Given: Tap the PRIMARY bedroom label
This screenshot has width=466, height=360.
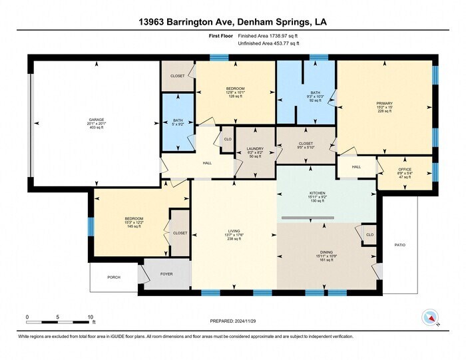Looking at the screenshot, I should click(x=385, y=103).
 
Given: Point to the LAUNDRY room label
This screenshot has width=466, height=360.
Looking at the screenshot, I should click(x=255, y=149).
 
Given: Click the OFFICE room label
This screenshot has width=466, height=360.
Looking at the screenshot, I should click(x=405, y=170).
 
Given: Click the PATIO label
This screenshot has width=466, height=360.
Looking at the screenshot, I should click(x=399, y=245).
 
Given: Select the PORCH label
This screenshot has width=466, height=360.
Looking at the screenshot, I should click(x=114, y=277).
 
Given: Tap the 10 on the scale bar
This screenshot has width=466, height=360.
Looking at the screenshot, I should click(x=91, y=317).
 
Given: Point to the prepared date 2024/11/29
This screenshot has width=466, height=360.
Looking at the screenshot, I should click(x=232, y=320).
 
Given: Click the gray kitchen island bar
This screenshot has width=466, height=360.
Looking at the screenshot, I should click(x=307, y=218).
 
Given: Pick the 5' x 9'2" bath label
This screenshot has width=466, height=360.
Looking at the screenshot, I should click(x=178, y=124).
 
